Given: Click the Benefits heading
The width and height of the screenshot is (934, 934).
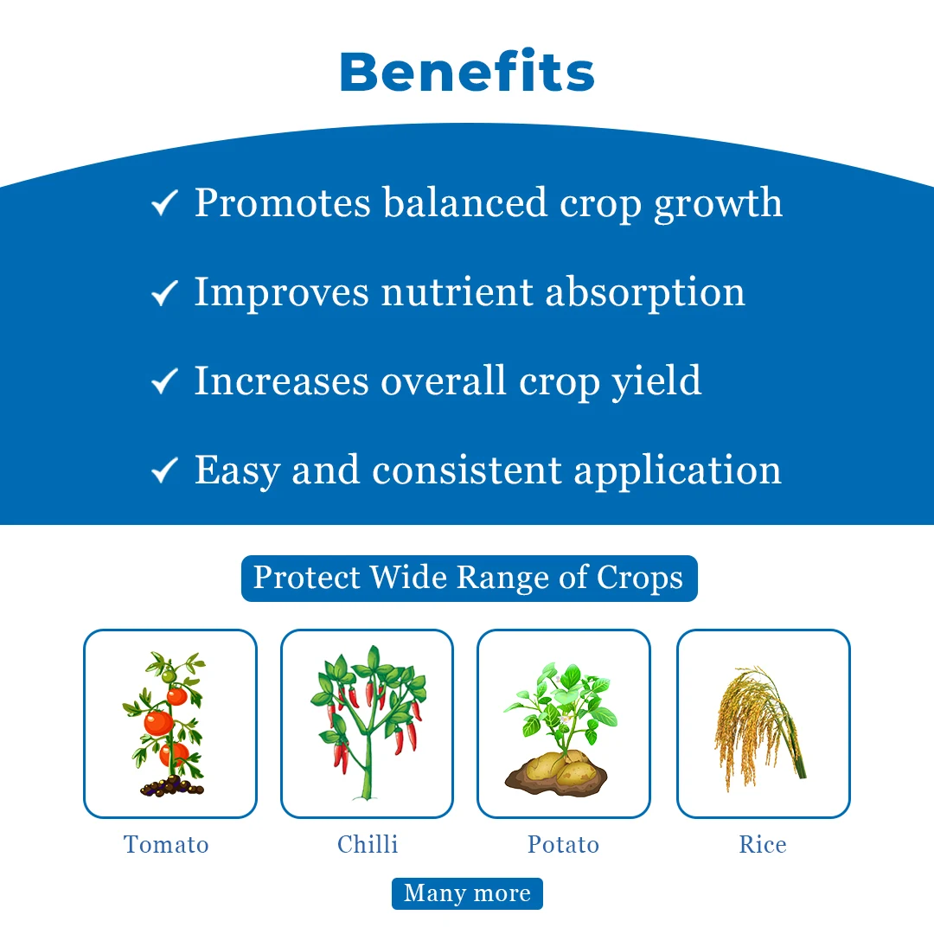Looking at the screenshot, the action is pos(467,72).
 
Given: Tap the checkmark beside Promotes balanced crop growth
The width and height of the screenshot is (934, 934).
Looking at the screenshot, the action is pos(164,202).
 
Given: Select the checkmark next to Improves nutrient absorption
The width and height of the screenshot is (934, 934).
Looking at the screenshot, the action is pos(164,292).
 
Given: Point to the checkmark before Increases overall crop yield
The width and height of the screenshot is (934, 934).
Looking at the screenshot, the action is pos(164,381).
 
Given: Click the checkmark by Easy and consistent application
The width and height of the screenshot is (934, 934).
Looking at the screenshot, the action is pos(164,470).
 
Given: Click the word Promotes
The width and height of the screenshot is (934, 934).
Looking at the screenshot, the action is pos(283,202).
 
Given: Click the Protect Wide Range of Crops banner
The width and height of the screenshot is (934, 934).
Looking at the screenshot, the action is pos(470,579).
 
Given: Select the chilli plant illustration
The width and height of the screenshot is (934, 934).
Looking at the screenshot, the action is pos(368,722).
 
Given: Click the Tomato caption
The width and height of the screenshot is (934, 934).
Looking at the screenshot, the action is pos(166,845).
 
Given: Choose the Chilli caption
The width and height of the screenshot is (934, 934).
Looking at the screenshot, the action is pos(368,844).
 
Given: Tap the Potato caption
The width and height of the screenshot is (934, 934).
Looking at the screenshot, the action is pos(563,845).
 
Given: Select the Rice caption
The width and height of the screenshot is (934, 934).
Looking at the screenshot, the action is pos(763,844).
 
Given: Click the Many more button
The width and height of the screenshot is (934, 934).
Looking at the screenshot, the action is pos(467,893).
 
